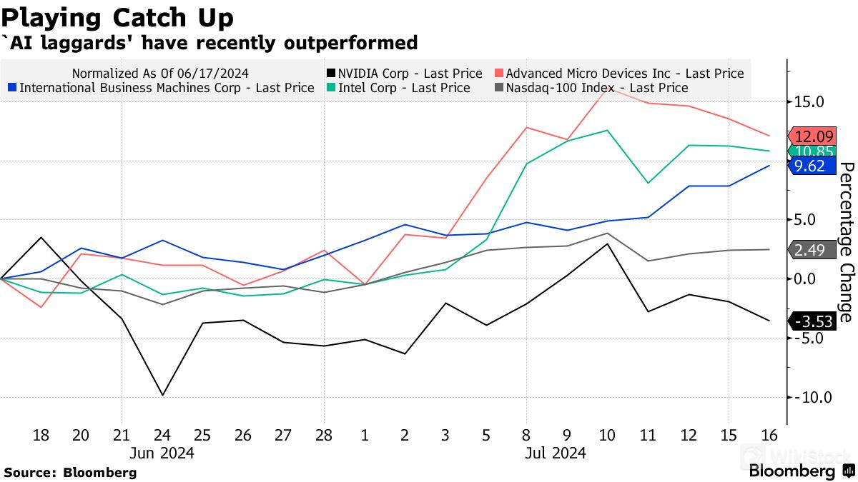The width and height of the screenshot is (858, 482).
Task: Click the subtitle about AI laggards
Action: tap(211, 43)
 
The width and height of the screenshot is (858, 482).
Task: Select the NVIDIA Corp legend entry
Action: tap(404, 73)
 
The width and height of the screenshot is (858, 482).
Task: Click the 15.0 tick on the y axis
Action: tap(809, 102)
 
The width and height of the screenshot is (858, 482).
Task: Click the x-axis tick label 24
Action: tap(162, 434)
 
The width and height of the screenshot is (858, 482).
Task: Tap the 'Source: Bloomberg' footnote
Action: tap(70, 472)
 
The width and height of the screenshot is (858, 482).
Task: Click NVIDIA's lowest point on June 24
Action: tap(162, 395)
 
